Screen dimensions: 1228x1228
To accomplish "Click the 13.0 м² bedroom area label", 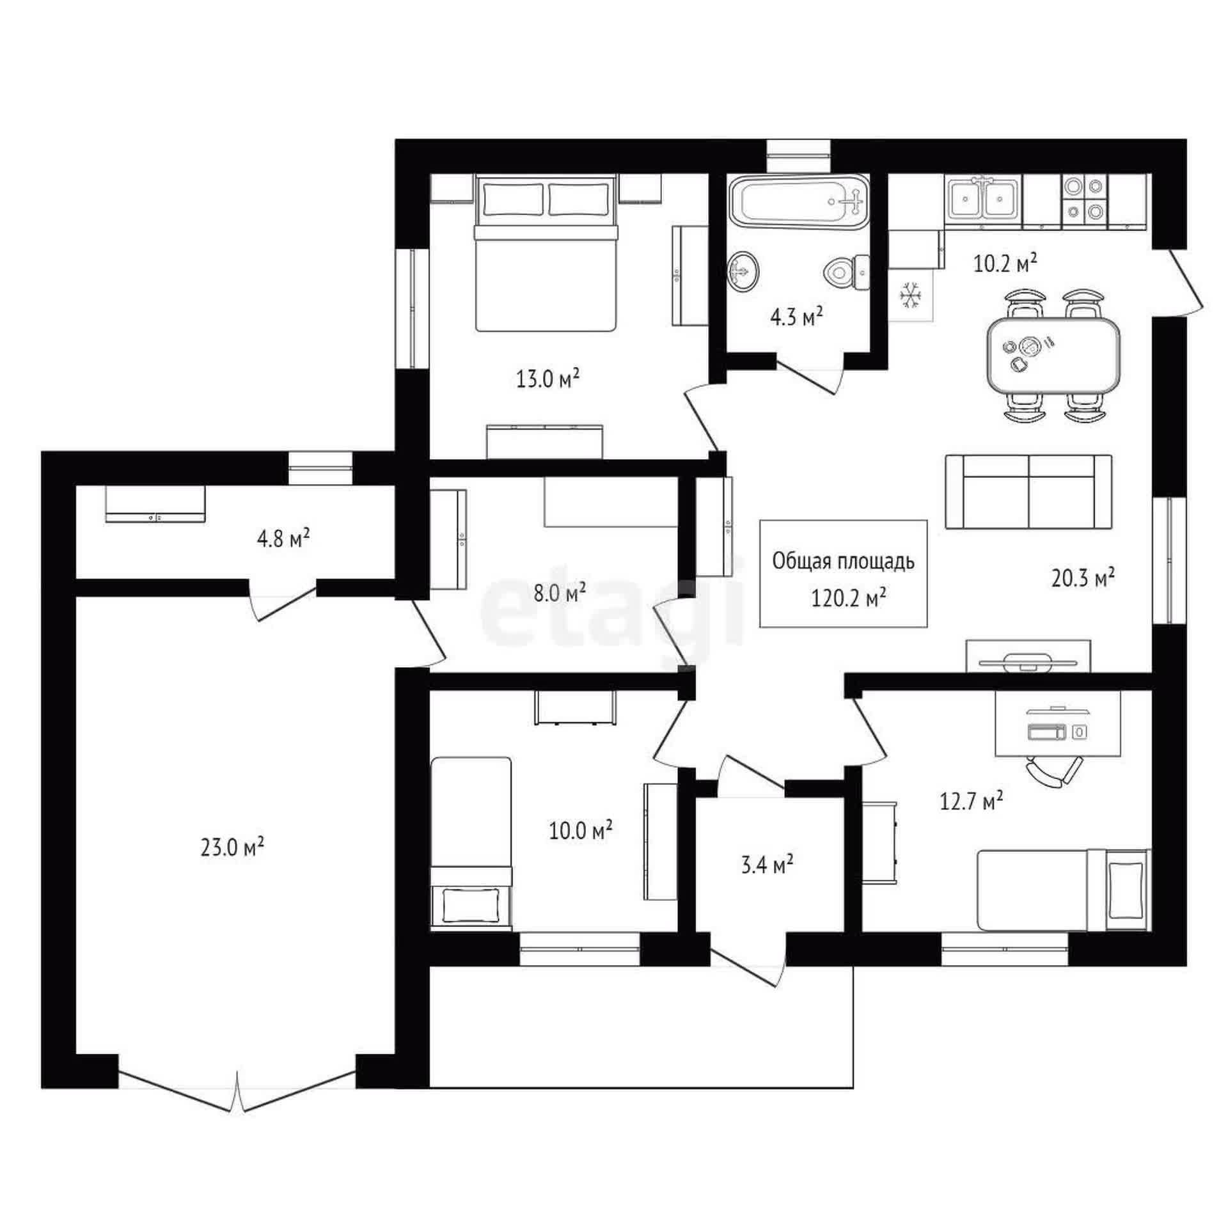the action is coord(547,379).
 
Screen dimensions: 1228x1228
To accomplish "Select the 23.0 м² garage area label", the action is coord(232,847).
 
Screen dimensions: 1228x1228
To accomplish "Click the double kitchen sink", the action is coord(984,200).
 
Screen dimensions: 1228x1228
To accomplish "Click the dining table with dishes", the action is coord(1053,356).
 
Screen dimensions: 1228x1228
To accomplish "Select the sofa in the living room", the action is coord(1028,491).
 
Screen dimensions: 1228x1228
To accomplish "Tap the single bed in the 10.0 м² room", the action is coord(471,842).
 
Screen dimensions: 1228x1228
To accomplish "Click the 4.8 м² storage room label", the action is coord(283,539).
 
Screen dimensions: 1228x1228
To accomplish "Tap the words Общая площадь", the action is coord(843,562).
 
